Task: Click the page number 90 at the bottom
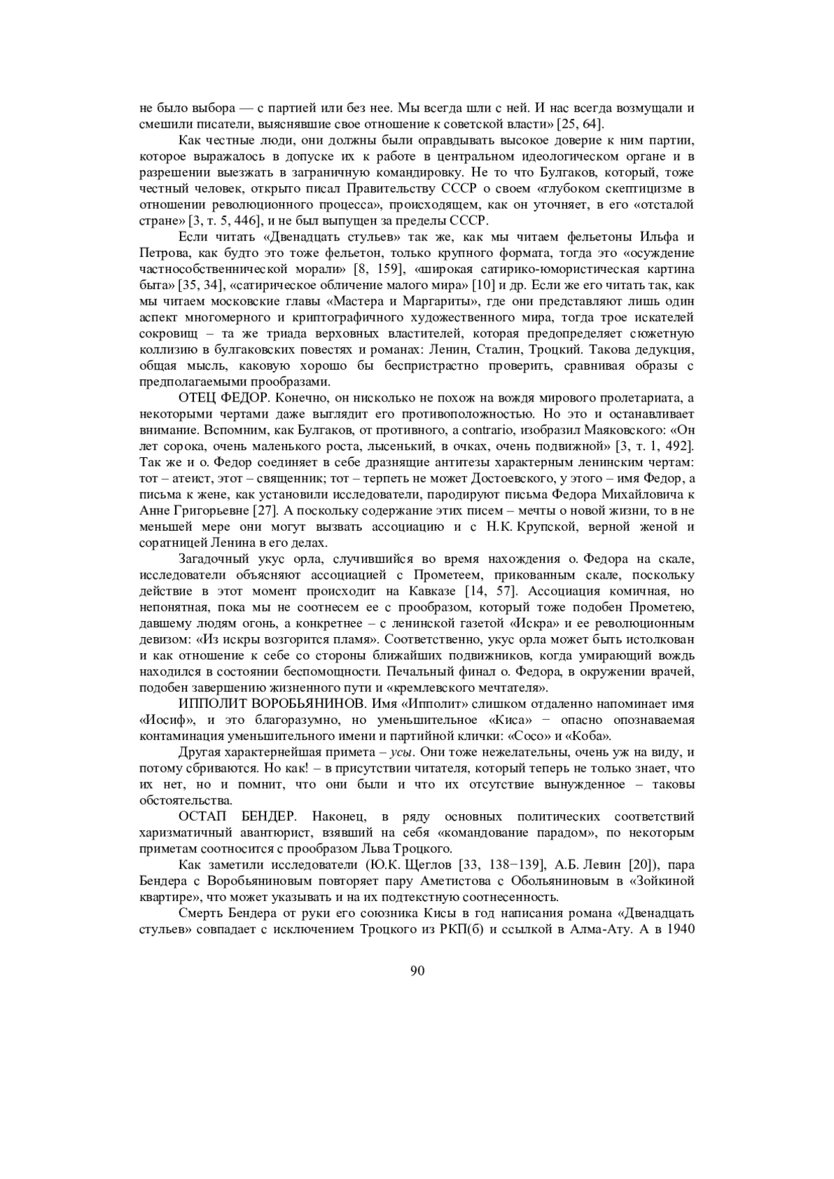pyautogui.click(x=417, y=971)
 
